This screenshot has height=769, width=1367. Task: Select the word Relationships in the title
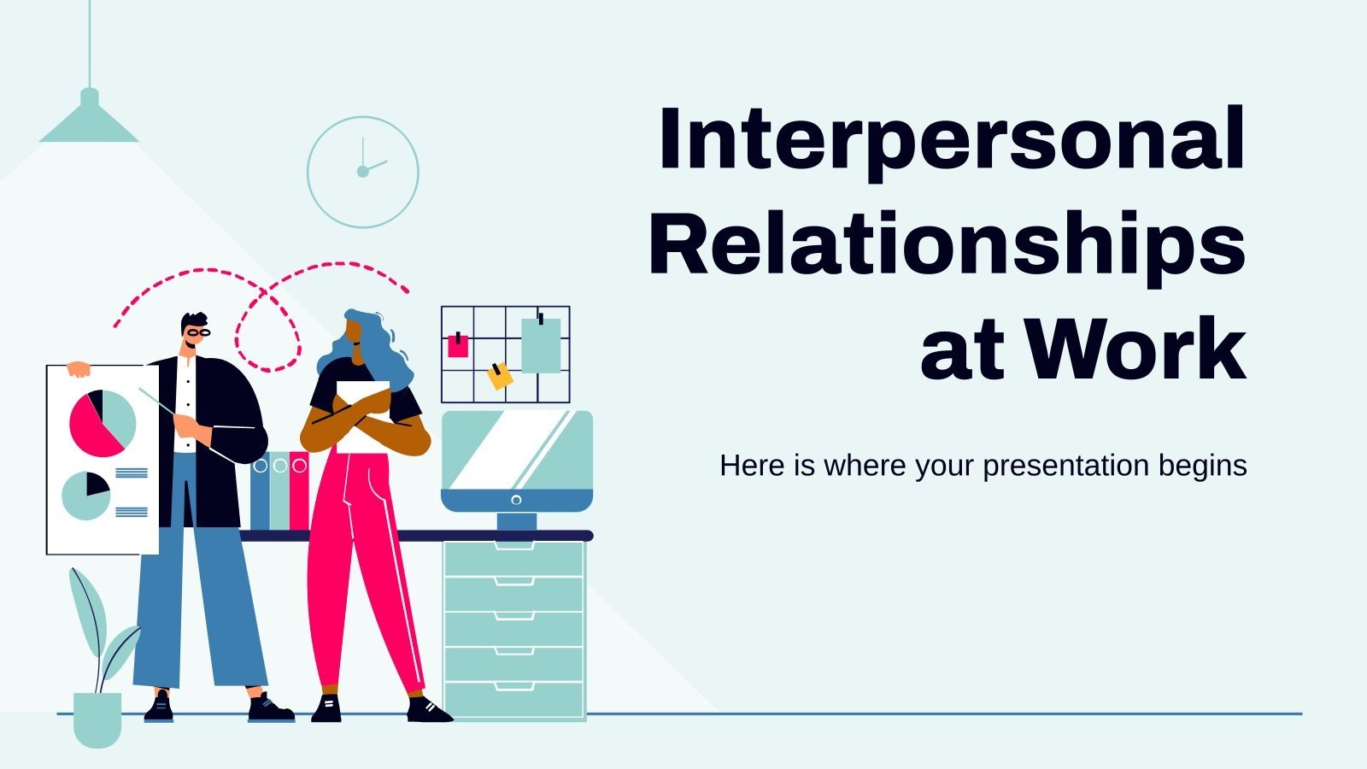click(x=947, y=245)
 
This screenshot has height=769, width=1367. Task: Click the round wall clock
click(x=363, y=172)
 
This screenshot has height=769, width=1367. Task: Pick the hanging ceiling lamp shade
click(x=89, y=120)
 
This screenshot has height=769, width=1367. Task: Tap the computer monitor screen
click(x=515, y=450)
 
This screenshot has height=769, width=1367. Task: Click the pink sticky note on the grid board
click(x=459, y=345)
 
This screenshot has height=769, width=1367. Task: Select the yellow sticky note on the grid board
click(x=500, y=375)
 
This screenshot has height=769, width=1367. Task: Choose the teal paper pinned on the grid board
click(x=541, y=344)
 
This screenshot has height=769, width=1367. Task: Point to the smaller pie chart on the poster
click(x=86, y=496)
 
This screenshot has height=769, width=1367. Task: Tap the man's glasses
click(x=198, y=332)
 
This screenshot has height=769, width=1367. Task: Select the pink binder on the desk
click(x=299, y=491)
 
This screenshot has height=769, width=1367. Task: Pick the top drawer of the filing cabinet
click(x=514, y=559)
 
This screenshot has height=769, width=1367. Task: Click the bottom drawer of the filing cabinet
click(x=514, y=699)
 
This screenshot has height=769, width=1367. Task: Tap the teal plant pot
click(x=97, y=719)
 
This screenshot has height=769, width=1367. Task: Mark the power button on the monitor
click(x=516, y=500)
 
